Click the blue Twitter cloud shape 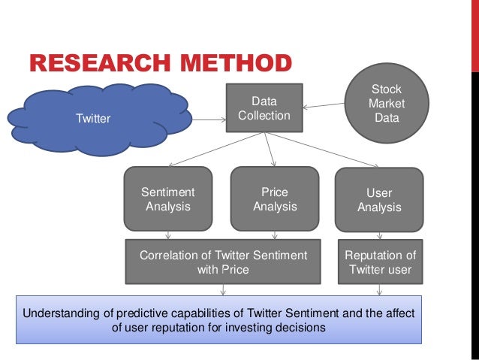94,118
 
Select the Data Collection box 264,107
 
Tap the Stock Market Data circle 386,104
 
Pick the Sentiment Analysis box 167,199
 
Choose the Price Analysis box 274,199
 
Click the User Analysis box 378,200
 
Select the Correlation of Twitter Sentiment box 223,262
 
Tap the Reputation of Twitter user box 380,262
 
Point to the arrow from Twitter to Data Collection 210,117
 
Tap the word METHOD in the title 240,64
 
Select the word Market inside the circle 387,104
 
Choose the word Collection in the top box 264,115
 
